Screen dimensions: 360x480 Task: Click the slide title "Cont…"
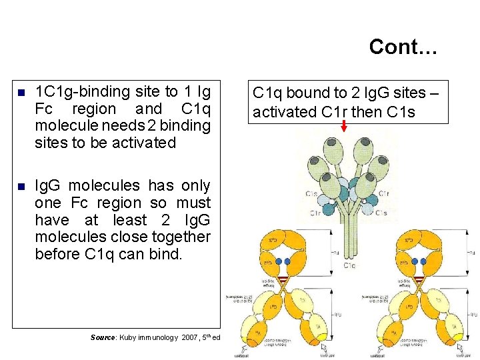pos(402,47)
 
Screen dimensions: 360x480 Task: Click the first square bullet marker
pos(21,93)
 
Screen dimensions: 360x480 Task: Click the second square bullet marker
pos(21,187)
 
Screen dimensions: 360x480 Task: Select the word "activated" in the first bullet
pos(145,142)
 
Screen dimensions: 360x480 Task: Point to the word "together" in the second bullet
pos(183,237)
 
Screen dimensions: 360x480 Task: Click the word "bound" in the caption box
pos(307,93)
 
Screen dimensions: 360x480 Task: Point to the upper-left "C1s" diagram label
pos(312,193)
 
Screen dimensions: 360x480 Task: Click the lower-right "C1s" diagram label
pos(381,213)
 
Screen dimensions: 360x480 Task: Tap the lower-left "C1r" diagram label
pos(316,213)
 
